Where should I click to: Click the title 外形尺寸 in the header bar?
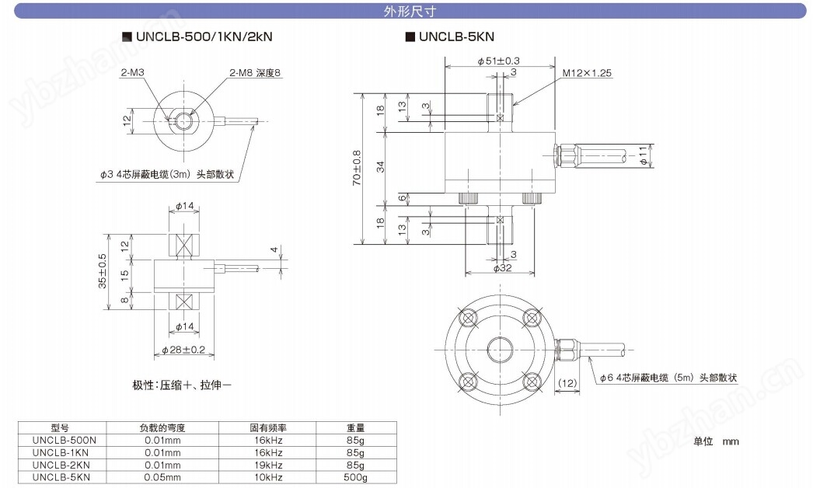[x=406, y=11]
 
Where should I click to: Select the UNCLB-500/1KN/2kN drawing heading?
[x=204, y=36]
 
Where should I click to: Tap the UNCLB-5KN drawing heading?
[x=455, y=36]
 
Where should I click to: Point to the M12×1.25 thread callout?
[x=588, y=72]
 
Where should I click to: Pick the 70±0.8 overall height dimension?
[x=357, y=167]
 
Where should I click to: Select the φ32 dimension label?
[x=501, y=268]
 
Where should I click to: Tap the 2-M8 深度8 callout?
[x=254, y=72]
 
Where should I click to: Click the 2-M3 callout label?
[x=133, y=72]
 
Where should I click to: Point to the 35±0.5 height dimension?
[x=101, y=270]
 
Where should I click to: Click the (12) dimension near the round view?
[x=567, y=383]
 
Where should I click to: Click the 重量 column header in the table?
[x=355, y=427]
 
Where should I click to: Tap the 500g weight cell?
[x=355, y=476]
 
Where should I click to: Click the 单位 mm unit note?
[x=716, y=441]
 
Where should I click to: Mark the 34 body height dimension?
[x=402, y=166]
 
